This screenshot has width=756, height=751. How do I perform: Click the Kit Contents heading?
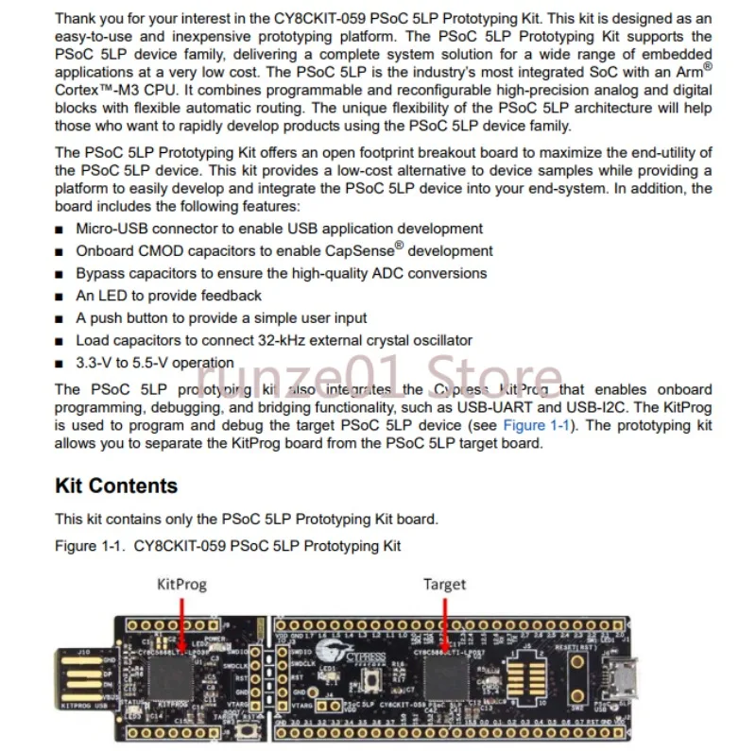click(x=116, y=486)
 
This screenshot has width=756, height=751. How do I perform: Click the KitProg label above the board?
click(x=180, y=584)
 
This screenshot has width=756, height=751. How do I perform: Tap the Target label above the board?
click(x=444, y=584)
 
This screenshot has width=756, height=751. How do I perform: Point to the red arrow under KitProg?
click(x=180, y=623)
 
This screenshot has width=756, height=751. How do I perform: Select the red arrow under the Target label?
click(x=444, y=623)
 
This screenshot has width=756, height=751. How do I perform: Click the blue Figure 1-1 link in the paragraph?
click(x=537, y=426)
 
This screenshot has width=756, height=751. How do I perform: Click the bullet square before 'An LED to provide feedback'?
click(x=60, y=297)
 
